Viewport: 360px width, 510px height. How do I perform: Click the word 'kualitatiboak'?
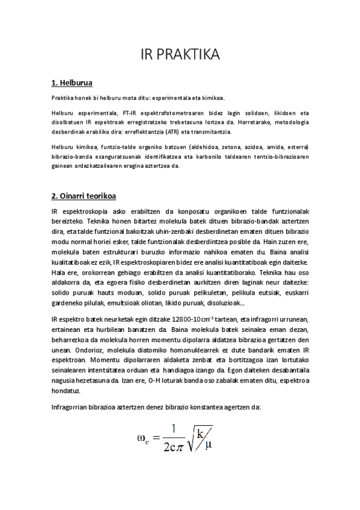[x=74, y=264]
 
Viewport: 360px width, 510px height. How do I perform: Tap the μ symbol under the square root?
[x=208, y=446]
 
